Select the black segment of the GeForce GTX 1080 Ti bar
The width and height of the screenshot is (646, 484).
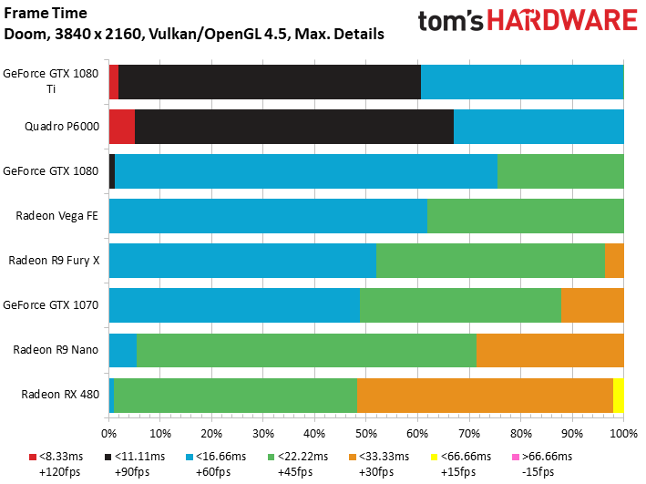pos(269,81)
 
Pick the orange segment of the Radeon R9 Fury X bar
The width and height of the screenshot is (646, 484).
pos(614,260)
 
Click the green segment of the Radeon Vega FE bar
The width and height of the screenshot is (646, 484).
pos(525,215)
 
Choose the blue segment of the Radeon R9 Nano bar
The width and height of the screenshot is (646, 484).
pos(122,349)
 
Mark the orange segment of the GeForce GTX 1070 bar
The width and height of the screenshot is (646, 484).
pos(592,304)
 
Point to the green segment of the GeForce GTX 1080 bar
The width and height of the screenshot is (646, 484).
pos(560,170)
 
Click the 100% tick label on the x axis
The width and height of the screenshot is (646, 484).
pos(623,432)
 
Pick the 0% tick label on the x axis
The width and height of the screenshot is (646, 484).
pos(108,432)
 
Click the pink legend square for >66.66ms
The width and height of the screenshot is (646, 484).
pos(516,457)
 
